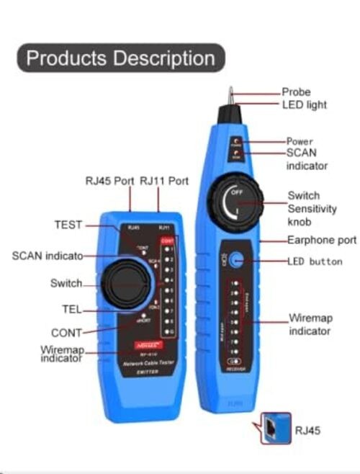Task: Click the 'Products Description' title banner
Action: pyautogui.click(x=121, y=58)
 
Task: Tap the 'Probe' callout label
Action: pyautogui.click(x=295, y=92)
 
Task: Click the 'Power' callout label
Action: pyautogui.click(x=300, y=142)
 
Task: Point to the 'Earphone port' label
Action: pyautogui.click(x=321, y=240)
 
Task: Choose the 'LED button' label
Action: pyautogui.click(x=315, y=261)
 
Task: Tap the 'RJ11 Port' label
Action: pyautogui.click(x=164, y=182)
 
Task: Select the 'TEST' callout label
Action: pyautogui.click(x=68, y=225)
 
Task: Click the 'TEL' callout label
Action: pyautogui.click(x=71, y=310)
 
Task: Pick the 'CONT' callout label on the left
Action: pyautogui.click(x=67, y=333)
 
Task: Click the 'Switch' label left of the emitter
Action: pyautogui.click(x=66, y=283)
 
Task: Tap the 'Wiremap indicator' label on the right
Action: pyautogui.click(x=310, y=324)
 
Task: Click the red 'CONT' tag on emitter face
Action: pyautogui.click(x=166, y=241)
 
